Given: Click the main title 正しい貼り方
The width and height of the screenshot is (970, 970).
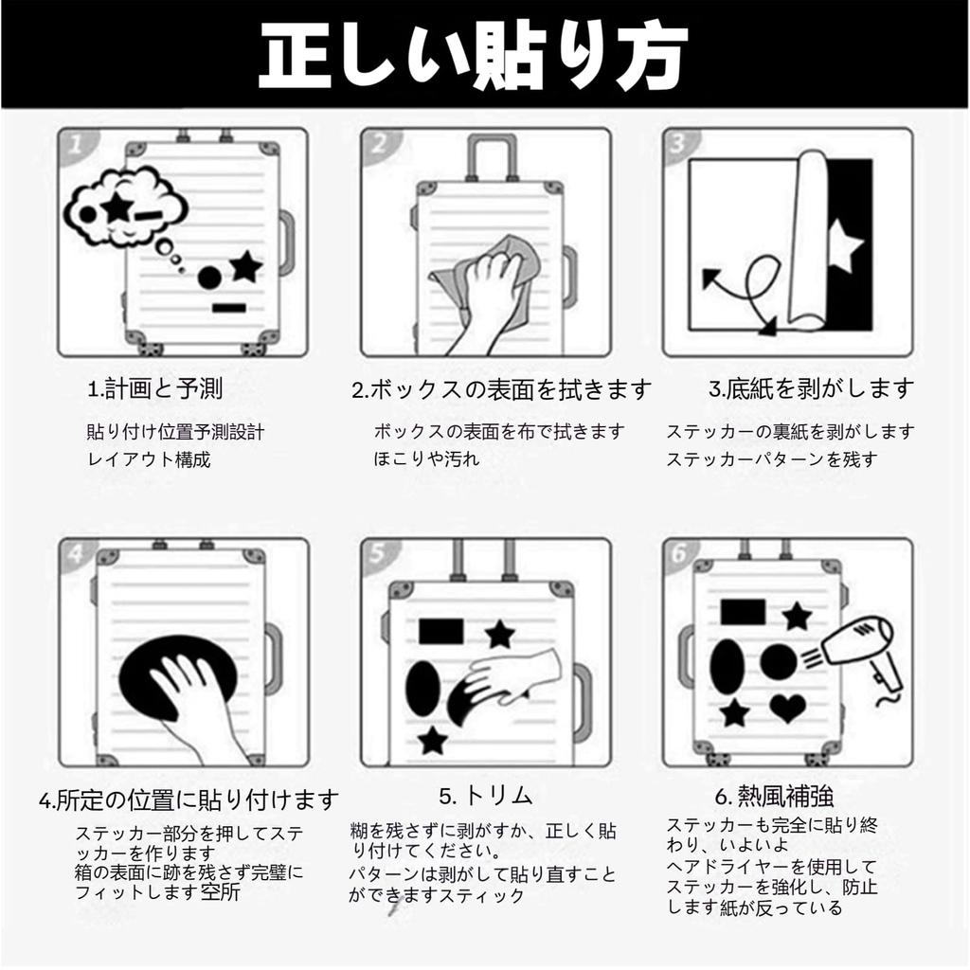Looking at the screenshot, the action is pos(474,56).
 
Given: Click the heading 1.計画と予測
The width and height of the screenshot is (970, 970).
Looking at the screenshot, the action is pos(154,389).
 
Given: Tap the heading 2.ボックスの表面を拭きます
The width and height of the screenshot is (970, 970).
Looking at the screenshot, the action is pos(502,389).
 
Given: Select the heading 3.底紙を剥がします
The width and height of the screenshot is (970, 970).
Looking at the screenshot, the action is pos(811,389).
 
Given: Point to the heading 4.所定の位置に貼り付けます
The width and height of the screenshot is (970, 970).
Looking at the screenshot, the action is pos(189,799).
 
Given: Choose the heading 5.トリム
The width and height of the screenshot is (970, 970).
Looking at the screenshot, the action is pos(486,796).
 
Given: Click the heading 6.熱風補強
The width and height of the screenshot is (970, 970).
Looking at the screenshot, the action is pos(775,796).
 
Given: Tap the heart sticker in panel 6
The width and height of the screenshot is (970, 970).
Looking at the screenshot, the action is pos(787,708).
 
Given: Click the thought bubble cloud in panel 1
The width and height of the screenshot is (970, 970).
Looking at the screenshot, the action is pos(124,207).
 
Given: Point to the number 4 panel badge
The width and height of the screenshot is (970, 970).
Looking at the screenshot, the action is pos(76,552).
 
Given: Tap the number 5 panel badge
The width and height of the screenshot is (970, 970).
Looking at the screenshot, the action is pos(378,553).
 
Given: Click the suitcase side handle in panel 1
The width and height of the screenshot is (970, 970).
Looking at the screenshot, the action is pos(287,243).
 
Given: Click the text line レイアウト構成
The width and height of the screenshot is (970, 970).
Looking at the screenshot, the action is pos(149,459).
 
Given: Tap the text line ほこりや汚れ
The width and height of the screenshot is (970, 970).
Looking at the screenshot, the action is pos(427,458).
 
